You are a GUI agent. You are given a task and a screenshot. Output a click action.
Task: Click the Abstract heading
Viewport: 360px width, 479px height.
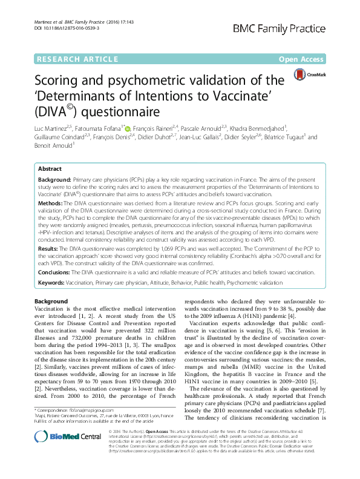coord(49,170)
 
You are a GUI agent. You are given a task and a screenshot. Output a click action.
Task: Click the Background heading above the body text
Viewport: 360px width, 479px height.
coord(51,302)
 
